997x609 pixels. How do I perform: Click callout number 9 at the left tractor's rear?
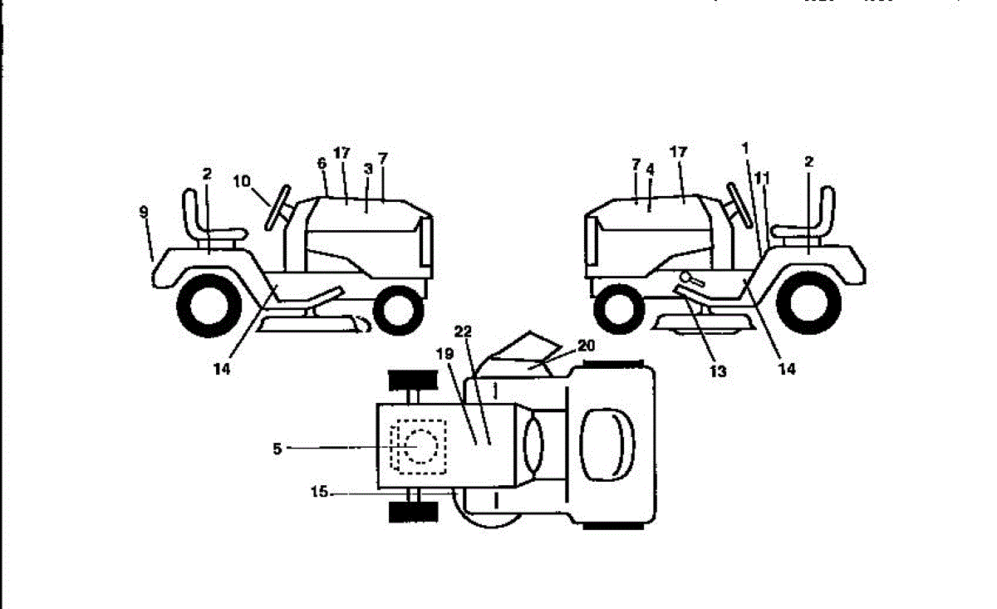[x=144, y=213]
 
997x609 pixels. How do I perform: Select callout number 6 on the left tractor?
[x=322, y=164]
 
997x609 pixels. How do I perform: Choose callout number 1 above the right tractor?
[x=745, y=148]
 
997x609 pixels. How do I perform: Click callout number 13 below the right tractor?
[x=717, y=371]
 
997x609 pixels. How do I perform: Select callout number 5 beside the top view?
[x=277, y=449]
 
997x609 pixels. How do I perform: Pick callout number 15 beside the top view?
[x=319, y=493]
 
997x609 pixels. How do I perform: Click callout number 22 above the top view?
[x=464, y=331]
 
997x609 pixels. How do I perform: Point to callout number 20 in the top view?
[x=587, y=346]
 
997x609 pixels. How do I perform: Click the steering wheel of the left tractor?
[x=277, y=208]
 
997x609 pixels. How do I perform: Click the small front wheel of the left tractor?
[x=399, y=310]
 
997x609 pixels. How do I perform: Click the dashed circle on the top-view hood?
[x=421, y=447]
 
